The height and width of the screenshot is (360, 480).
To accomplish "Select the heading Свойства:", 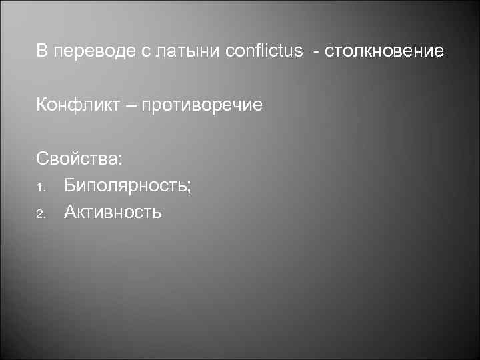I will [79, 160].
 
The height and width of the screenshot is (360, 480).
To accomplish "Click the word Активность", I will [113, 212].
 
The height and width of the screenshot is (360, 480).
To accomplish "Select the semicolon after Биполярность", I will [189, 188].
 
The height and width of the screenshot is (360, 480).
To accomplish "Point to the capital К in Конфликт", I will [42, 105].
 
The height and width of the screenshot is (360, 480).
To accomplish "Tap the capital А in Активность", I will [71, 212].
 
